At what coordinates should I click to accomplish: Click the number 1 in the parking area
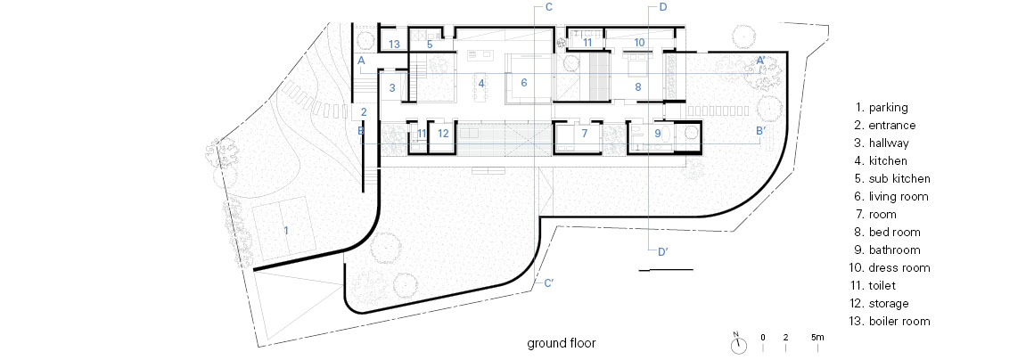click(x=286, y=230)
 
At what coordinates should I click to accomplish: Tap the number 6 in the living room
click(x=524, y=83)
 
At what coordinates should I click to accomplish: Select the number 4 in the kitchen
click(x=482, y=84)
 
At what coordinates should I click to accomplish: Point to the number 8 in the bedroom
click(x=637, y=86)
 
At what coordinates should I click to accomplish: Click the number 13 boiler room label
click(x=394, y=45)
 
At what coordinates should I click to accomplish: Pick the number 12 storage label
click(x=443, y=133)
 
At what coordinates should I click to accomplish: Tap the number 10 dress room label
click(x=639, y=42)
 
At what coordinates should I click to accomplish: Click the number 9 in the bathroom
click(x=658, y=133)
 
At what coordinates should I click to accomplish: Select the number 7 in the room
click(x=584, y=133)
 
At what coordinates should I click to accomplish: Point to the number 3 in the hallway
click(x=391, y=87)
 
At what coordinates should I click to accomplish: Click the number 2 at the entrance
click(x=364, y=111)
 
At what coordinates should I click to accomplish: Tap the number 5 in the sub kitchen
click(x=430, y=45)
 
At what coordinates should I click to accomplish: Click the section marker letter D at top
click(x=662, y=7)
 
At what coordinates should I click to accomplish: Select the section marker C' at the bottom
click(x=549, y=283)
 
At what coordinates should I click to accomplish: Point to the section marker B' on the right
click(x=760, y=131)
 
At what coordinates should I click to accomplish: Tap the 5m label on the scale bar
click(x=817, y=338)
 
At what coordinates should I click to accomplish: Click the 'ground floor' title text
click(x=562, y=343)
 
